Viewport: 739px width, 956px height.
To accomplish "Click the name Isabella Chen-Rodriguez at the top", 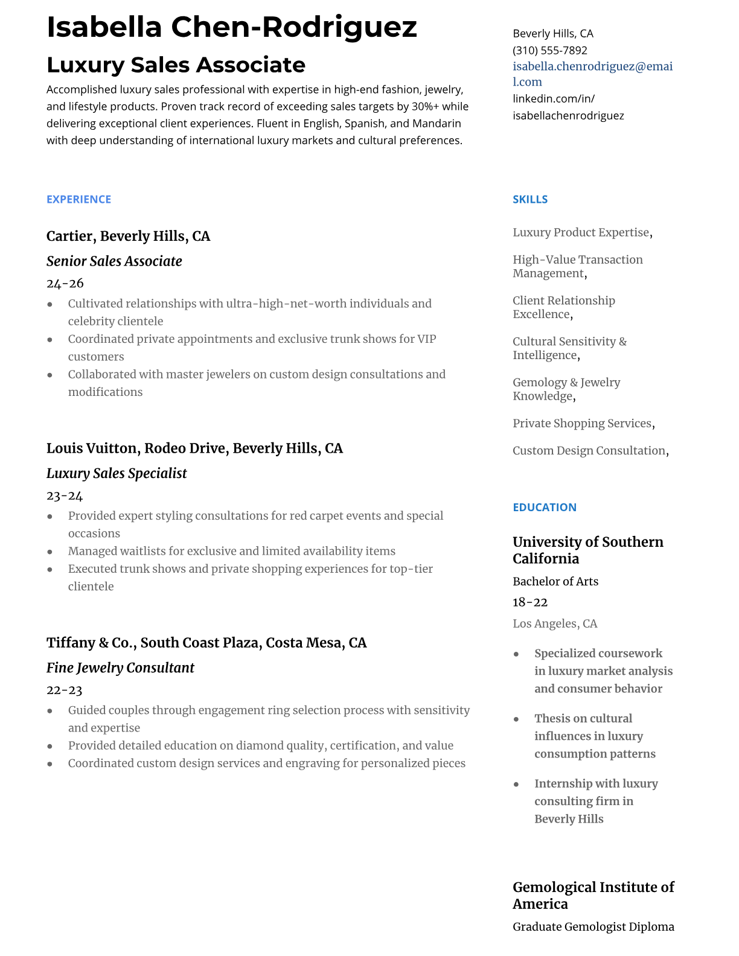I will pos(231,27).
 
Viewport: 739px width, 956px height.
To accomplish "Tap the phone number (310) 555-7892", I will pos(549,51).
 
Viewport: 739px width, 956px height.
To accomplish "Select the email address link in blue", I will pos(592,74).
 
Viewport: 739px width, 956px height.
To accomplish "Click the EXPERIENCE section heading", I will pos(78,199).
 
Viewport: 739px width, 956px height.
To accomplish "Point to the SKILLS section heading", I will pos(529,199).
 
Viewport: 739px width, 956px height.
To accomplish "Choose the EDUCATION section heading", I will pos(544,507).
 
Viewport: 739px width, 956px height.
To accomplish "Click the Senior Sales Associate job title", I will pos(114,261).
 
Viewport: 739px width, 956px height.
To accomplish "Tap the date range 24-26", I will pos(65,283).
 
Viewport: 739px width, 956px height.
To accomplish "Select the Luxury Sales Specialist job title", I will pos(117,473).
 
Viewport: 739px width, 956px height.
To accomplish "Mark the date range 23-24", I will pos(65,496).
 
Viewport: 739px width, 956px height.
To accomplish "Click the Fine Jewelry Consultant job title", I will pos(120,668).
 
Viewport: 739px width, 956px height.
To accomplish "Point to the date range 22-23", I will pos(64,690).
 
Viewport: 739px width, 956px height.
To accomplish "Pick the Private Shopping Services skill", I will pos(582,423).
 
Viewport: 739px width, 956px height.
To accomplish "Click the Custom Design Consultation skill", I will pos(589,450).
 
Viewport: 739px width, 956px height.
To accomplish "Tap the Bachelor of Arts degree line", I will pos(555,581).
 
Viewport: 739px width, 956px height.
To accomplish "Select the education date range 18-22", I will pos(529,602).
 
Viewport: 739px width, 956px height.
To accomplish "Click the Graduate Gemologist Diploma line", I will pos(593,926).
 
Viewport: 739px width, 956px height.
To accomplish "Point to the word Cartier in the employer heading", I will pos(69,236).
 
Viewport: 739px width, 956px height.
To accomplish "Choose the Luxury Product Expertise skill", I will pos(581,232).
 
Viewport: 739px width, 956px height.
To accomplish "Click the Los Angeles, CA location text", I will pos(554,623).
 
